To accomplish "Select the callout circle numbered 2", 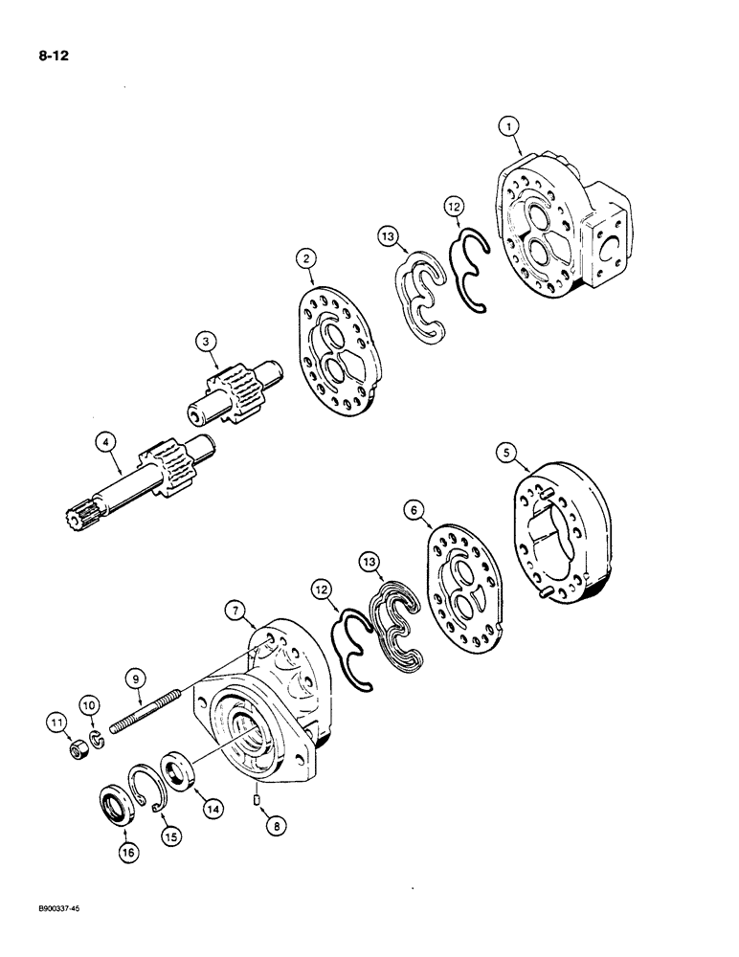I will tap(305, 257).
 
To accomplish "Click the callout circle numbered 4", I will tap(104, 441).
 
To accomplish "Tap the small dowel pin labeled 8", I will tap(258, 796).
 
